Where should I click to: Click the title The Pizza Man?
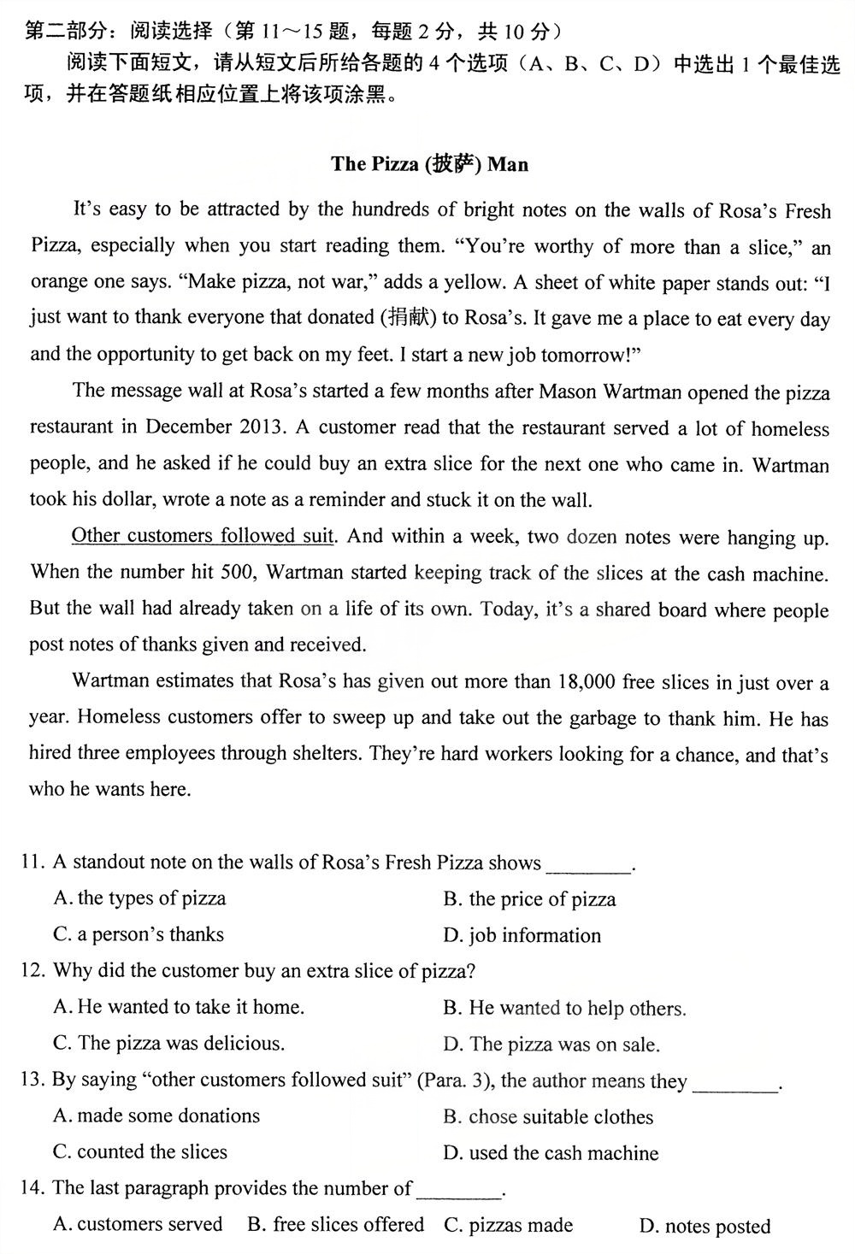429,164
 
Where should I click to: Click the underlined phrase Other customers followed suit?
203,536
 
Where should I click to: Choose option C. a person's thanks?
139,934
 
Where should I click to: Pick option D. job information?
522,935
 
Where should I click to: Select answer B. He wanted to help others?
564,1008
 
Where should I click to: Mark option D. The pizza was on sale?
551,1044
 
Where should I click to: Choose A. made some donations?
156,1116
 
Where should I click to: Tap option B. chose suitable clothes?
548,1116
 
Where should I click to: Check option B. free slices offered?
336,1225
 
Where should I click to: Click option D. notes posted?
705,1227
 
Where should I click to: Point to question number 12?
32,971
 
